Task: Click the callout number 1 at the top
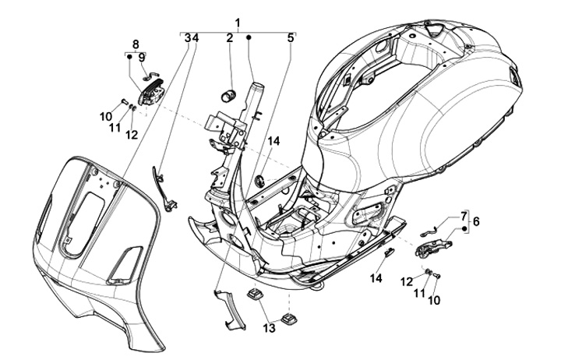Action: click(x=238, y=23)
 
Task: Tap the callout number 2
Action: click(x=229, y=38)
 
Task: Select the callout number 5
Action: click(x=290, y=38)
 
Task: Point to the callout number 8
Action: click(x=136, y=44)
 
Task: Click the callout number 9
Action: click(x=142, y=57)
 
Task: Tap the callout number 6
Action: click(x=476, y=221)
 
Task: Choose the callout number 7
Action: click(x=464, y=216)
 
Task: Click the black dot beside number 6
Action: click(x=464, y=229)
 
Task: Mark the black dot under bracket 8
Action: click(x=129, y=57)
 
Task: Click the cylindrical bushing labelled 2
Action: click(x=228, y=97)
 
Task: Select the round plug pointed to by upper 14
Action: click(x=259, y=180)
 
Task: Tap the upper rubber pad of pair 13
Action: click(x=253, y=294)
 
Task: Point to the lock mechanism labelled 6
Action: click(x=433, y=247)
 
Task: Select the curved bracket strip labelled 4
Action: click(x=163, y=189)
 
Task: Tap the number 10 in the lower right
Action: click(x=434, y=300)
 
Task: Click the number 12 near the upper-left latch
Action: click(x=132, y=135)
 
